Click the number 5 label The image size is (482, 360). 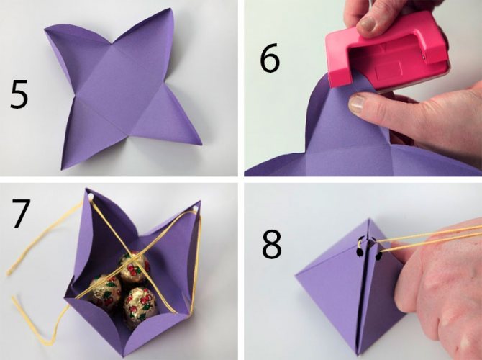click(19, 94)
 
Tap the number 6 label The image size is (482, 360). click(270, 58)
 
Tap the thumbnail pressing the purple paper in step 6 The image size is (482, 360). click(357, 104)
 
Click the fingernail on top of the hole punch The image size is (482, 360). click(368, 24)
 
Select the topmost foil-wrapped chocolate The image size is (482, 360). click(135, 266)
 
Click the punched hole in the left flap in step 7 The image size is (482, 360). click(90, 196)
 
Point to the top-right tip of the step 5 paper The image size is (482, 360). click(170, 9)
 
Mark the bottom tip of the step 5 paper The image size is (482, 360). click(63, 169)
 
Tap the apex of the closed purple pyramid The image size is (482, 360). click(369, 219)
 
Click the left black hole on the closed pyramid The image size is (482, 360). click(359, 252)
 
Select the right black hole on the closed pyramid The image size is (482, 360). click(378, 255)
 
